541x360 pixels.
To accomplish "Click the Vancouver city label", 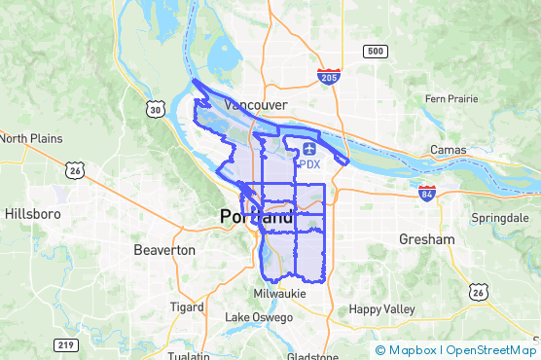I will tap(255, 104).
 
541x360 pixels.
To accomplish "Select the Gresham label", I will tap(426, 238).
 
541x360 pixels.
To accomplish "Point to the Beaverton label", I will tap(162, 250).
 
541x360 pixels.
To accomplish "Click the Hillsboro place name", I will tap(33, 213).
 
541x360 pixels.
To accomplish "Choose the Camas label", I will tap(447, 151).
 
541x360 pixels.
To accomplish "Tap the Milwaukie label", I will tap(279, 293).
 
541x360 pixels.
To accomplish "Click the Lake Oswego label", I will tap(259, 317).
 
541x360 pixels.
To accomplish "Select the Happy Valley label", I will tap(381, 309).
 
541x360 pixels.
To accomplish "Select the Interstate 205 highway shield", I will tap(328, 75).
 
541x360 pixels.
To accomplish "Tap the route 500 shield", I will tap(374, 51).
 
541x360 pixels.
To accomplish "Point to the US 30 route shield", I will tap(156, 109).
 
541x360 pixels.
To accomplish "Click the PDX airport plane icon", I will tap(309, 148).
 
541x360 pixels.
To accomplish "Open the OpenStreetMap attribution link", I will tap(491, 350).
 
